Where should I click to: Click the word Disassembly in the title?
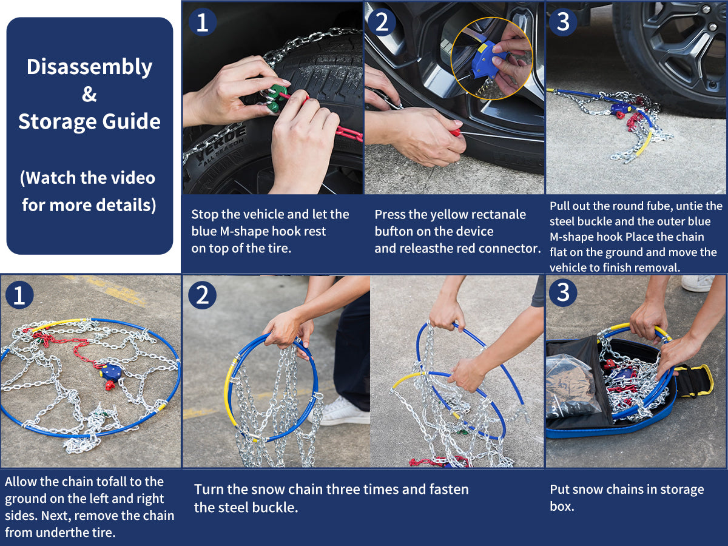[x=90, y=67]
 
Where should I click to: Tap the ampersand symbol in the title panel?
[x=89, y=94]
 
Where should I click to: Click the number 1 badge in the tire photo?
[x=203, y=22]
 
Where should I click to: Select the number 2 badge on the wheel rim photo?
[x=382, y=22]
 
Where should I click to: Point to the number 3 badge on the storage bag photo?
[x=563, y=292]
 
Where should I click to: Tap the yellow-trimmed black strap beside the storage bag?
[x=694, y=380]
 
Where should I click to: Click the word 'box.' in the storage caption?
[x=562, y=506]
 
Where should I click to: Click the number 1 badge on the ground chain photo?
[x=19, y=295]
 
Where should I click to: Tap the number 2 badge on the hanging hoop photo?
[x=202, y=295]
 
